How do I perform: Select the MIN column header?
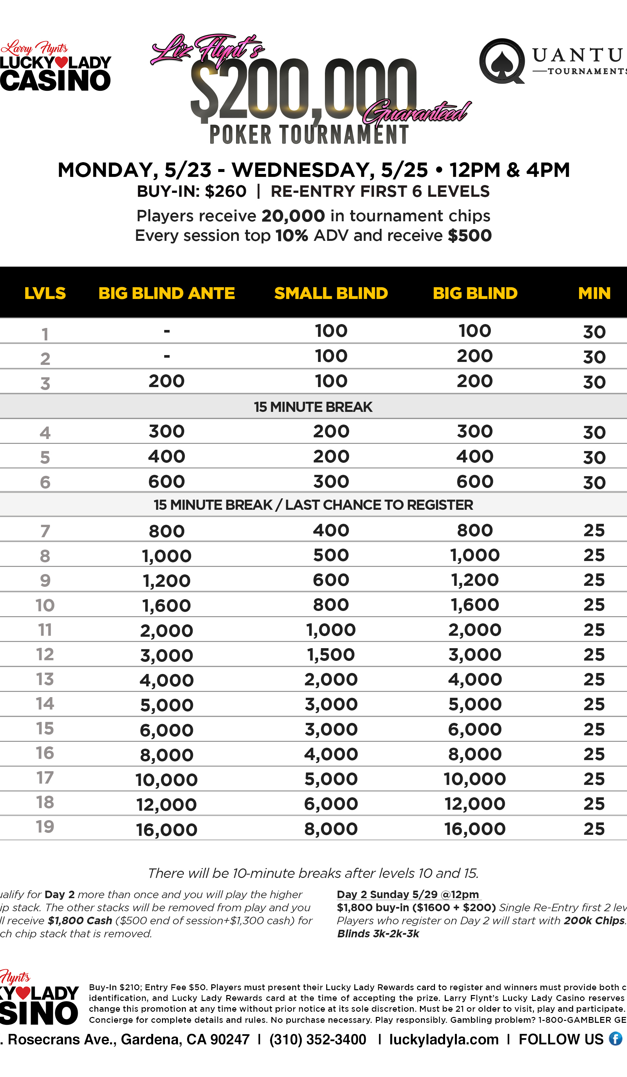coord(594,293)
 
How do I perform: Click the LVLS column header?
coord(45,293)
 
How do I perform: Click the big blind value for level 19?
coord(475,829)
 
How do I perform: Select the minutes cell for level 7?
coord(594,530)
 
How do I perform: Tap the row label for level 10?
coord(45,605)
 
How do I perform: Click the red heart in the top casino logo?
coord(61,62)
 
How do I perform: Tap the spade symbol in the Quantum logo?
coord(501,62)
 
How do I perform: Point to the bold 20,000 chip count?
coord(293,216)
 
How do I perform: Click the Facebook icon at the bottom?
coord(616,1039)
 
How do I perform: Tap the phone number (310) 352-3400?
coord(318,1039)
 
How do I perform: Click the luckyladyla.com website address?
coord(443,1039)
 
